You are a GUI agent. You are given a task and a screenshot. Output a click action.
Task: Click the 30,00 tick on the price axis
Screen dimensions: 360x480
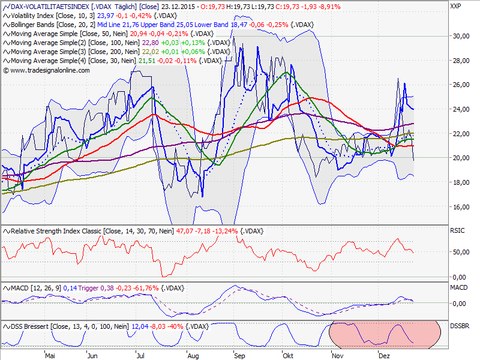460,36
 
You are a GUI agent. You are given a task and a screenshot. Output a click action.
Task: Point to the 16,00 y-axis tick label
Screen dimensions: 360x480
460,206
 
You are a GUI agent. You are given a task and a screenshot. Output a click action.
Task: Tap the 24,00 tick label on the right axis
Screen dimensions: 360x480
460,109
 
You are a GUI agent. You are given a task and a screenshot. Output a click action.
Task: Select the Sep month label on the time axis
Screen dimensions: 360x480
239,355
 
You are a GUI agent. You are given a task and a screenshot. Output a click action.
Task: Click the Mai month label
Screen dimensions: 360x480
50,355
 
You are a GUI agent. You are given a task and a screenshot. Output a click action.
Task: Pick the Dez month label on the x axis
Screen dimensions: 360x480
384,355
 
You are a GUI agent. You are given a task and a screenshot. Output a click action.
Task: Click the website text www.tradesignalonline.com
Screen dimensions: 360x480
50,70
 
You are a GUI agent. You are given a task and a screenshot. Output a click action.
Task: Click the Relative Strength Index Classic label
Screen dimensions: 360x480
54,231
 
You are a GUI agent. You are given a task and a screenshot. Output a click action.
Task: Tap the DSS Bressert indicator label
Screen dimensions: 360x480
36,326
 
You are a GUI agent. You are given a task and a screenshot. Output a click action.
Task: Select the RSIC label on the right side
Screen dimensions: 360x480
458,231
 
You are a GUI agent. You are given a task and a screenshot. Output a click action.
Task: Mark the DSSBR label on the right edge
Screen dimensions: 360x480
460,326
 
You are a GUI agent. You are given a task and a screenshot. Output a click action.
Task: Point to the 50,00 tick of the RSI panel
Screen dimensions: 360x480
460,252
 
